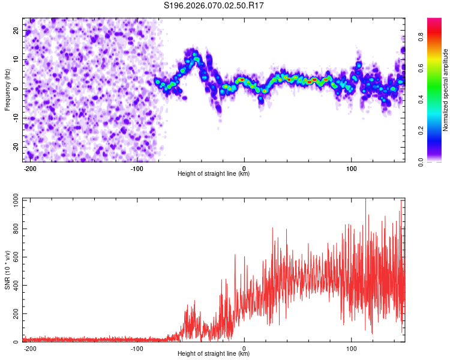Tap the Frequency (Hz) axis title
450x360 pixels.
[x=7, y=90]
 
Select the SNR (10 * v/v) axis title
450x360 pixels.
[x=7, y=270]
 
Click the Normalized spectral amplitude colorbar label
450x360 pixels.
[x=445, y=90]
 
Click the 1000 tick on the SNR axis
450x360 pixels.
[x=13, y=200]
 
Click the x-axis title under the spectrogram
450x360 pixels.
[x=214, y=174]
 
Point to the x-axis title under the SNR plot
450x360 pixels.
[x=214, y=354]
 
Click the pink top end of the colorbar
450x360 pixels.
[x=434, y=22]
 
